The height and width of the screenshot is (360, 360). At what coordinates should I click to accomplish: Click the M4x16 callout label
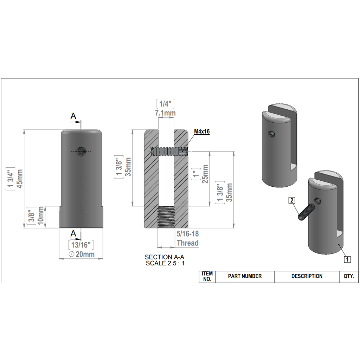click(202, 131)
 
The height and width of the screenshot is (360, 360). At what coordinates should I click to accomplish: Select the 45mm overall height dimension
click(20, 179)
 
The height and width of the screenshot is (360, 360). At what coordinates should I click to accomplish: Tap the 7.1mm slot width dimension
click(165, 113)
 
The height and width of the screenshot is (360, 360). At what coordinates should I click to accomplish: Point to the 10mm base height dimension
click(41, 216)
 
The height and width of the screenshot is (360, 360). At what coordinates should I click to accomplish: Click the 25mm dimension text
click(205, 174)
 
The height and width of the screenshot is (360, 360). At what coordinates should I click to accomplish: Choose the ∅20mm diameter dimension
click(82, 254)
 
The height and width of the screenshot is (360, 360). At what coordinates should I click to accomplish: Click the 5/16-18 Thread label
click(188, 238)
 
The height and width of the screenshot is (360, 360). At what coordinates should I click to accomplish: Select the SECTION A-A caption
click(165, 257)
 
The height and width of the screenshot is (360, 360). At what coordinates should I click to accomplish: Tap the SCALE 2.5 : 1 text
click(165, 263)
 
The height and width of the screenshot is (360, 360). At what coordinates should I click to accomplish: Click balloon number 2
click(291, 200)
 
